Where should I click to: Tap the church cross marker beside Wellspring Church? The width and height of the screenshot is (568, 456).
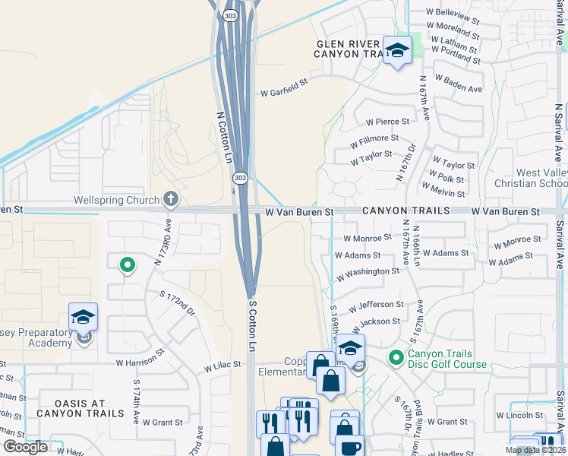[171, 200]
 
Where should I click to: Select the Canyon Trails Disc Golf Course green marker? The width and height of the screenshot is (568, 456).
[395, 356]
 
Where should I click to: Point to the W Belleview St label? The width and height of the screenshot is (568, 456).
[454, 15]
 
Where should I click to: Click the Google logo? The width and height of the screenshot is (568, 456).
[25, 447]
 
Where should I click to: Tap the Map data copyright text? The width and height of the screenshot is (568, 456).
[535, 450]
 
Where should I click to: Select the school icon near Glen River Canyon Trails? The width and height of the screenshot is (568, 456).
[396, 51]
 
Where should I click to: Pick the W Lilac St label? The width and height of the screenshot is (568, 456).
[222, 365]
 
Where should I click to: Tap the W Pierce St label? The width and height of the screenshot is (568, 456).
[387, 122]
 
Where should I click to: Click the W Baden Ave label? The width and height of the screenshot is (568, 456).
[458, 84]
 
